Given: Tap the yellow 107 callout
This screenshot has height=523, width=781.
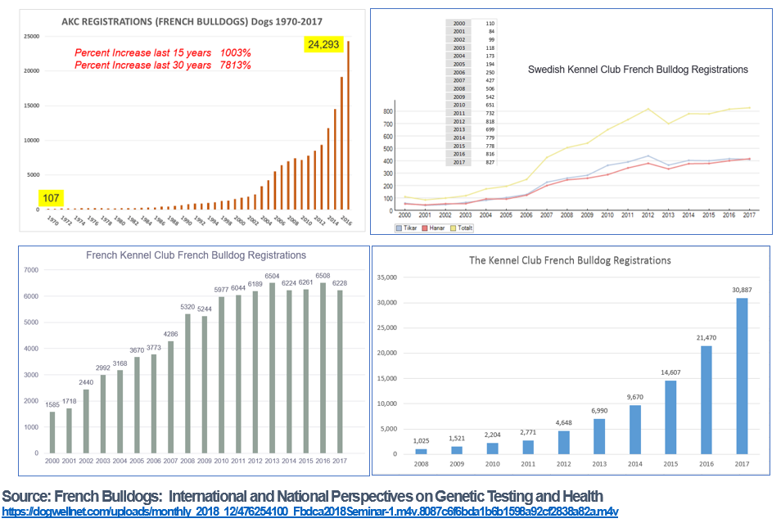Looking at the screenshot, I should coord(51,197).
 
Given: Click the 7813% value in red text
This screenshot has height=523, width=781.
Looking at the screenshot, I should coord(236,65).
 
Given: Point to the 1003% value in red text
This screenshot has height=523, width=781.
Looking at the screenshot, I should coord(236,52).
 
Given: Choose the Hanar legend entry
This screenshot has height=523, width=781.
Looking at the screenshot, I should coord(435,228).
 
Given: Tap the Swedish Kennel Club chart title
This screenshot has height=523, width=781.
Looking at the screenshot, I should coord(638,70).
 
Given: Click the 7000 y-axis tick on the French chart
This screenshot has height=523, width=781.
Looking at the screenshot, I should coord(32,270).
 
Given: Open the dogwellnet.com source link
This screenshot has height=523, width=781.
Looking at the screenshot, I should coord(309,512).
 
